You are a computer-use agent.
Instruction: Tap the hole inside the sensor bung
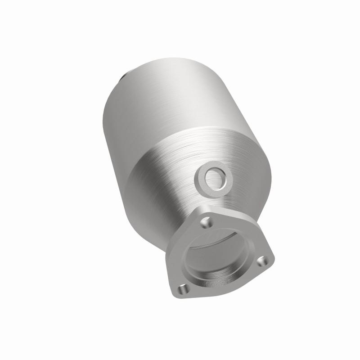coord(214,177)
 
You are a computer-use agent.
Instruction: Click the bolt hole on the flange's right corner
coord(263,260)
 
